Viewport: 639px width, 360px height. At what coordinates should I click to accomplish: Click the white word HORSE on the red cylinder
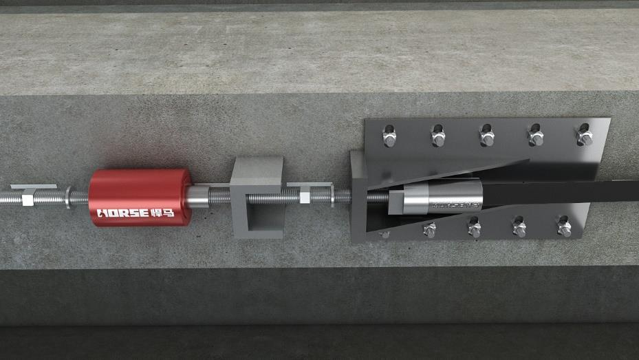(122, 212)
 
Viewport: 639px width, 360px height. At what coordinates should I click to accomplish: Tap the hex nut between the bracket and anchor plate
(304, 198)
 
